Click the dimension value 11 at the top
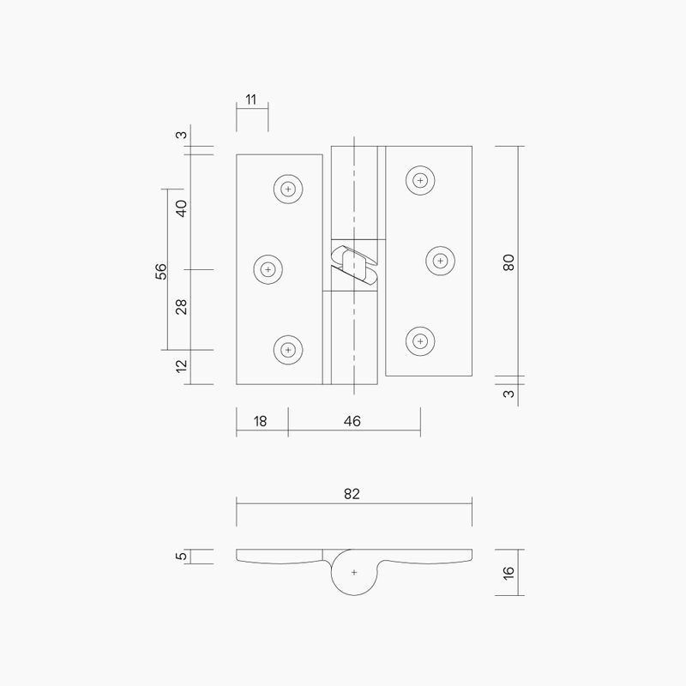pos(251,100)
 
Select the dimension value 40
pos(181,208)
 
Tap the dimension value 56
pos(160,271)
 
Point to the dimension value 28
pos(181,307)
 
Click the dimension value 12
pos(181,367)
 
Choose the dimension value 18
pos(261,421)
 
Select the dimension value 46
pos(352,421)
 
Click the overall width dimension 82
pos(352,494)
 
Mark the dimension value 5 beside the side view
pos(181,557)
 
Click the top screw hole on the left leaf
pos(289,189)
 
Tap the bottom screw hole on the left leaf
pos(289,349)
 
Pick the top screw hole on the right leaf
pos(420,180)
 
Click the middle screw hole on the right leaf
pos(440,260)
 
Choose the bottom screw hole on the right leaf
pos(420,340)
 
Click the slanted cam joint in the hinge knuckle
pos(353,265)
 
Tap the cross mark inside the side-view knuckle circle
pos(353,571)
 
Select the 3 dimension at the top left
pos(181,135)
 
